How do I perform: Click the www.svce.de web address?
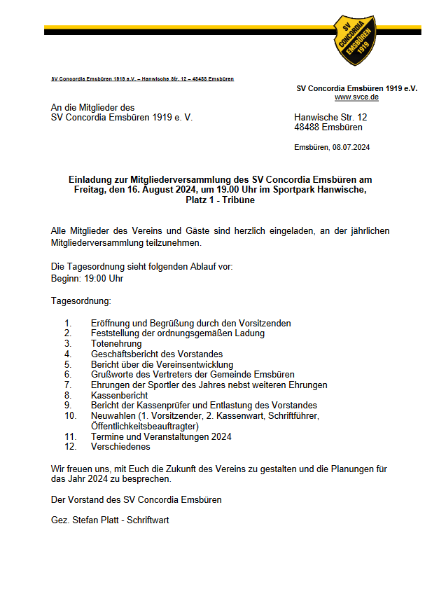coord(356,97)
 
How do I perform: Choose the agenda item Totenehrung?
coord(116,344)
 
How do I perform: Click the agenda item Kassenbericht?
coord(119,395)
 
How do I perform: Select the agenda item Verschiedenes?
coord(120,446)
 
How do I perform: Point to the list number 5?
coord(68,364)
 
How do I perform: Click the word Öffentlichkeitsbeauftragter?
coord(145,426)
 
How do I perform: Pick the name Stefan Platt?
coord(95,520)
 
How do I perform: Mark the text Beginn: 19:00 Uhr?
coord(88,278)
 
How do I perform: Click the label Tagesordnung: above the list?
coord(81,300)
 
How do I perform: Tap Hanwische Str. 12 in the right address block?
coord(330,117)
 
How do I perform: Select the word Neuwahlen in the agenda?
coord(113,415)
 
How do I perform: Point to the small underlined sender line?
coord(143,79)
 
